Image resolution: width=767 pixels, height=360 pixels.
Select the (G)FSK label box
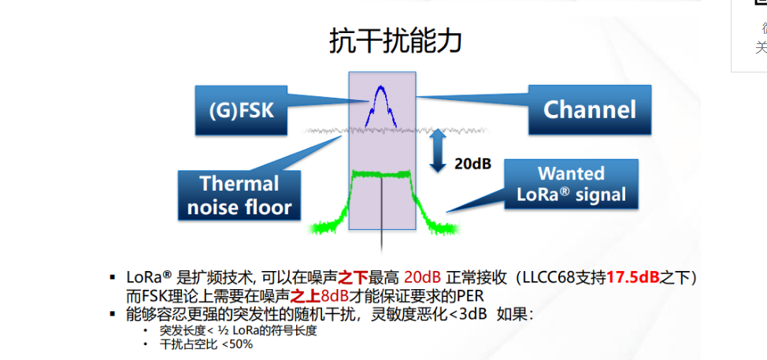(x=241, y=108)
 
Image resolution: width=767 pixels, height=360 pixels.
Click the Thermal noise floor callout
(x=239, y=195)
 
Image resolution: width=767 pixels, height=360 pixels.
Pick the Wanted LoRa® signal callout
(x=570, y=184)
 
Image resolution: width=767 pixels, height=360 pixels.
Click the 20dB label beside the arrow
(x=472, y=164)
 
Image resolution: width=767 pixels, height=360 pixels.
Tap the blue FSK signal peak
(x=381, y=88)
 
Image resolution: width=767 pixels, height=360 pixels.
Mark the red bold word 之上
(x=306, y=296)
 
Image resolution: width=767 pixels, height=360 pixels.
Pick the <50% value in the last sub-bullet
(x=237, y=344)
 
